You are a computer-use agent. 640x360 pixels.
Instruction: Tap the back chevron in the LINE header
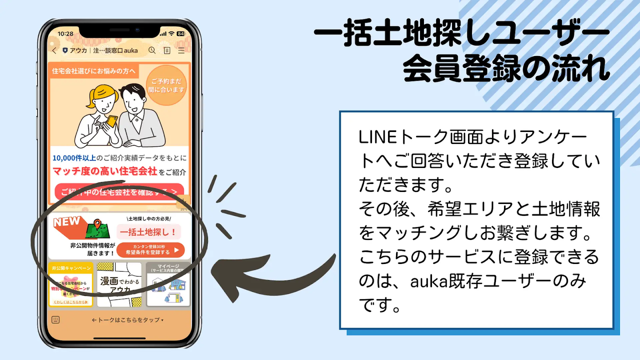pyautogui.click(x=54, y=51)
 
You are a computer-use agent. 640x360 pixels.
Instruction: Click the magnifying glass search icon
pyautogui.click(x=152, y=50)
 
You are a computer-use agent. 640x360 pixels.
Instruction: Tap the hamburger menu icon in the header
pyautogui.click(x=181, y=51)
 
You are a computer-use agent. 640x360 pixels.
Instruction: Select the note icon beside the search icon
pyautogui.click(x=167, y=51)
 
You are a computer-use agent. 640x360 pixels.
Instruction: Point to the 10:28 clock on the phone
pyautogui.click(x=65, y=34)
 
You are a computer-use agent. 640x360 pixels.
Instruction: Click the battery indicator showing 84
pyautogui.click(x=180, y=34)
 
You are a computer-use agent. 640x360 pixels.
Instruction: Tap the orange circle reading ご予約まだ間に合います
pyautogui.click(x=166, y=86)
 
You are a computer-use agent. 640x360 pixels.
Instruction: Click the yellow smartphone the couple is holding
pyautogui.click(x=112, y=121)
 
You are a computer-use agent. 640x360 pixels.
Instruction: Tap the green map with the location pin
pyautogui.click(x=98, y=229)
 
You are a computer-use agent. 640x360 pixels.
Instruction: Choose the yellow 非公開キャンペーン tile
pyautogui.click(x=70, y=284)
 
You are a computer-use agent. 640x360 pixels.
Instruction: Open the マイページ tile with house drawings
pyautogui.click(x=168, y=284)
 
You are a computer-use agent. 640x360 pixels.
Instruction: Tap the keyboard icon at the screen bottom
pyautogui.click(x=56, y=320)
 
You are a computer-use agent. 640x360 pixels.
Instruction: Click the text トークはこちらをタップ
pyautogui.click(x=128, y=320)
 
